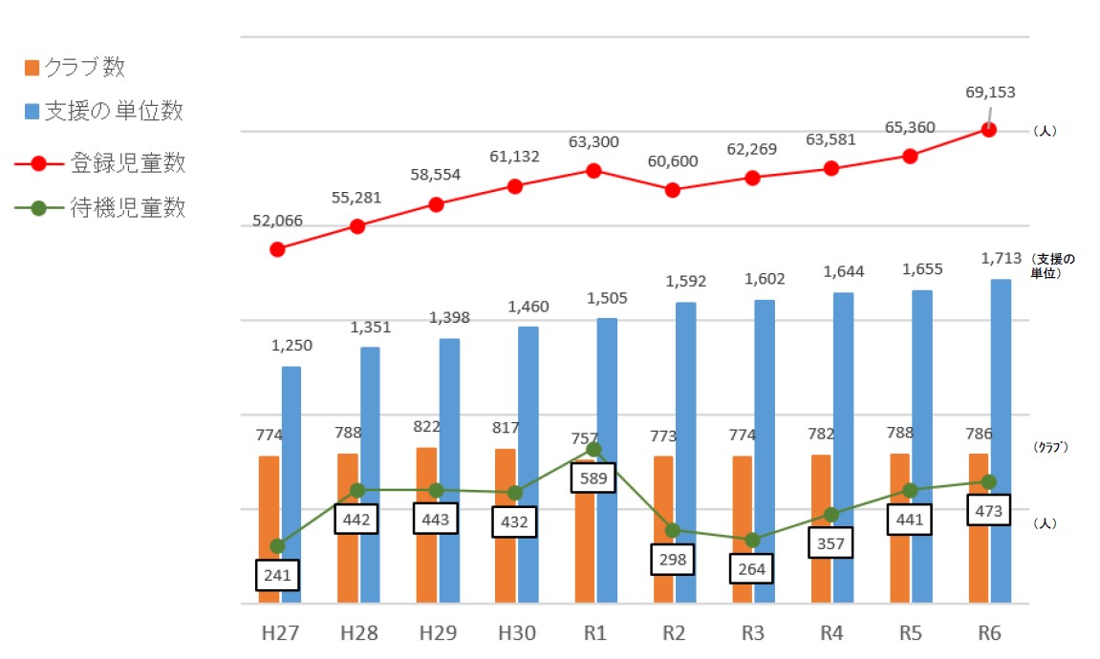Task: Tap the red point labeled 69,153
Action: click(x=988, y=129)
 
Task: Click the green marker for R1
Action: click(x=593, y=449)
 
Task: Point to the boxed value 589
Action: click(x=593, y=478)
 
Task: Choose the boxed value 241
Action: click(x=277, y=575)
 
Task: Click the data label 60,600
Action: click(x=672, y=159)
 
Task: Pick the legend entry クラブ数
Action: click(x=75, y=68)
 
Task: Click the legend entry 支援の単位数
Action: click(x=103, y=112)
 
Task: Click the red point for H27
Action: click(x=277, y=249)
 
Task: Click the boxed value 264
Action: click(x=752, y=568)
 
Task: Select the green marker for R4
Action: click(x=830, y=515)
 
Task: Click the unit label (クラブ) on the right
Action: click(x=1051, y=447)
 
